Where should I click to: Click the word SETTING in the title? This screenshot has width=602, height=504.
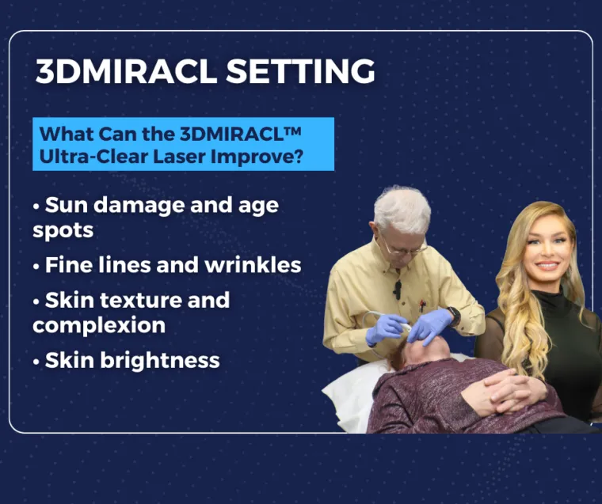(300, 71)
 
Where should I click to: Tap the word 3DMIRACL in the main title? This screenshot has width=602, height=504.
(126, 71)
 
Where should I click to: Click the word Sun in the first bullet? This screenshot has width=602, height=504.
(67, 205)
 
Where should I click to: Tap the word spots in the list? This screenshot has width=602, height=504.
(63, 231)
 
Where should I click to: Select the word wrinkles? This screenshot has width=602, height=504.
(253, 265)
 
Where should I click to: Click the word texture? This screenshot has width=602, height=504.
(141, 300)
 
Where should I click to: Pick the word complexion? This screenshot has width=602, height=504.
(99, 326)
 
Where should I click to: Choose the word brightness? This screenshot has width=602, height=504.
(160, 361)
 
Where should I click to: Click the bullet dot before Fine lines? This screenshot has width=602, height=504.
(36, 267)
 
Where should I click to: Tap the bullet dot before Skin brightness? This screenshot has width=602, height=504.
(36, 362)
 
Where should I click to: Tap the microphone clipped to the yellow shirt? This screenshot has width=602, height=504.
(397, 290)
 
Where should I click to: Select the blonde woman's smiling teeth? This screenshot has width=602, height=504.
(547, 265)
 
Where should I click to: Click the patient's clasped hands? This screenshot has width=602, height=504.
(498, 393)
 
